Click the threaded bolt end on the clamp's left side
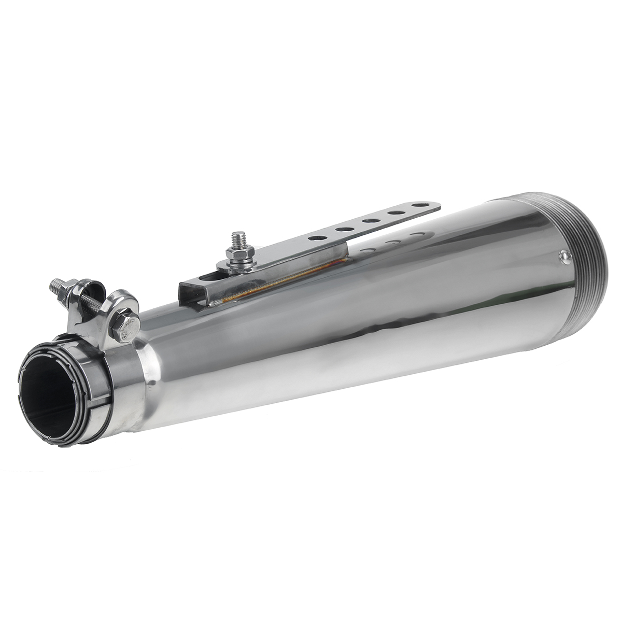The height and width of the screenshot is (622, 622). (56, 287)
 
